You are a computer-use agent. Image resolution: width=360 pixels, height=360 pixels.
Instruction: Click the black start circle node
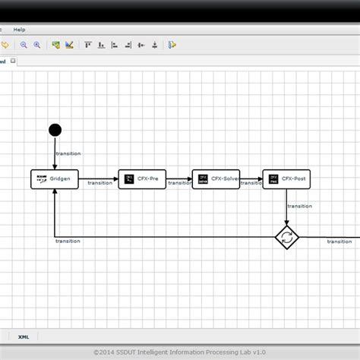click(55, 130)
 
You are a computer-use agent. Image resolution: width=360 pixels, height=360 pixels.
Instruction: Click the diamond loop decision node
click(286, 237)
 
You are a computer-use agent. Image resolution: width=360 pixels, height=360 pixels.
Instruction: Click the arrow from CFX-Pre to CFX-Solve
click(178, 179)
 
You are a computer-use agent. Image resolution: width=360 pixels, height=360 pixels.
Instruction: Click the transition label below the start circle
click(68, 153)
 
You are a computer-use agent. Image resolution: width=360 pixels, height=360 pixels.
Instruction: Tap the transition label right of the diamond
click(339, 242)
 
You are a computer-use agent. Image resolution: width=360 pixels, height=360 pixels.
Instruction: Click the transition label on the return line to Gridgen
click(68, 241)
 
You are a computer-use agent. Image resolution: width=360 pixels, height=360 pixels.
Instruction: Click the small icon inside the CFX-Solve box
click(203, 179)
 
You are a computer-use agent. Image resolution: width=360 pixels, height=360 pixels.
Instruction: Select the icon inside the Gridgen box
click(42, 179)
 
